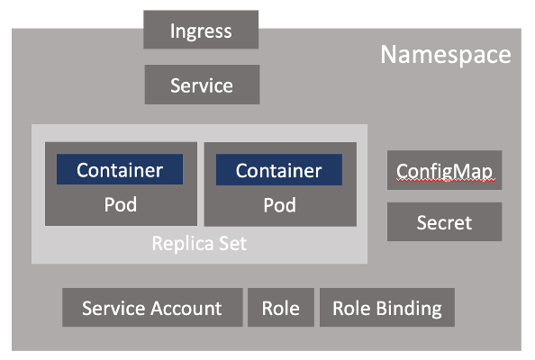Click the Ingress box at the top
[x=201, y=31]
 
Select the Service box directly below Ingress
[x=202, y=85]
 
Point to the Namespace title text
[x=445, y=55]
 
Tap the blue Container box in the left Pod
[x=120, y=170]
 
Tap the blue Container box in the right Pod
[x=279, y=170]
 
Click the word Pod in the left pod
[x=120, y=204]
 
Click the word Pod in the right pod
[x=279, y=205]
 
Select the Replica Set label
[x=199, y=244]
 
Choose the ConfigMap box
[x=445, y=170]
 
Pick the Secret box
[x=445, y=221]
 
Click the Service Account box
[x=151, y=308]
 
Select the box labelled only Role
[x=280, y=308]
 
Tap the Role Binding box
[x=387, y=308]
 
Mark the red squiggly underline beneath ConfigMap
[x=445, y=181]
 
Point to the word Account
[x=186, y=308]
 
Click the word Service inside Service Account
[x=113, y=308]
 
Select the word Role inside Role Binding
[x=351, y=308]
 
